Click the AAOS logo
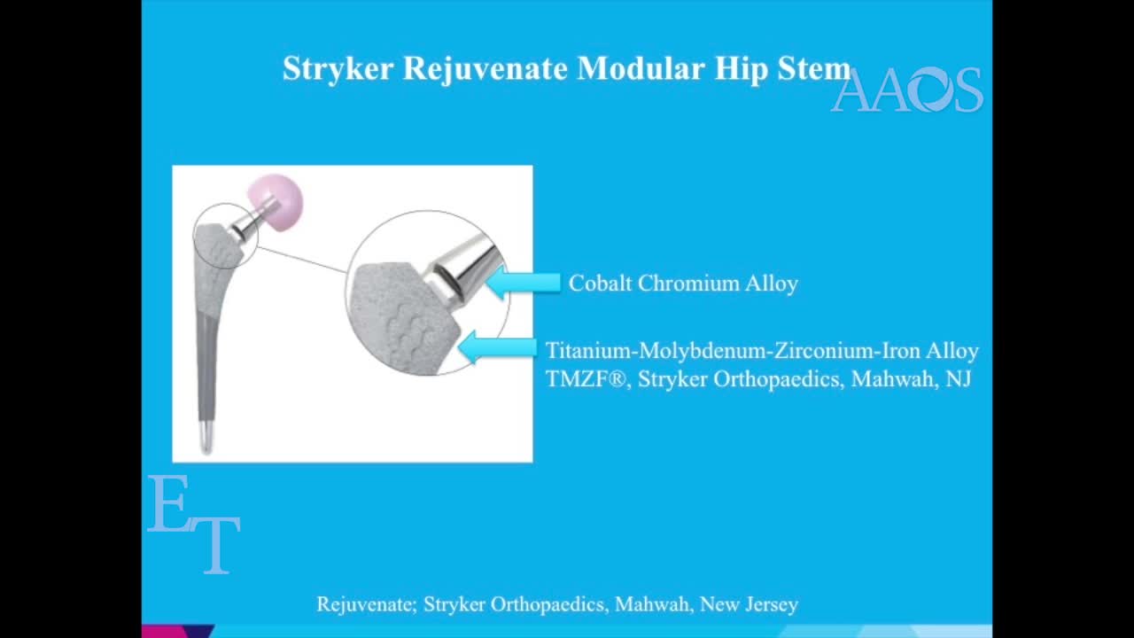[x=907, y=90]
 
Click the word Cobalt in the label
[x=600, y=284]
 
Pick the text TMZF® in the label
[x=585, y=379]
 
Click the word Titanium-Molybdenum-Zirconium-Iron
[x=732, y=351]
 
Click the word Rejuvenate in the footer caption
[x=365, y=604]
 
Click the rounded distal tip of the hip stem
[x=206, y=442]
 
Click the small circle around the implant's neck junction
[x=226, y=235]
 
